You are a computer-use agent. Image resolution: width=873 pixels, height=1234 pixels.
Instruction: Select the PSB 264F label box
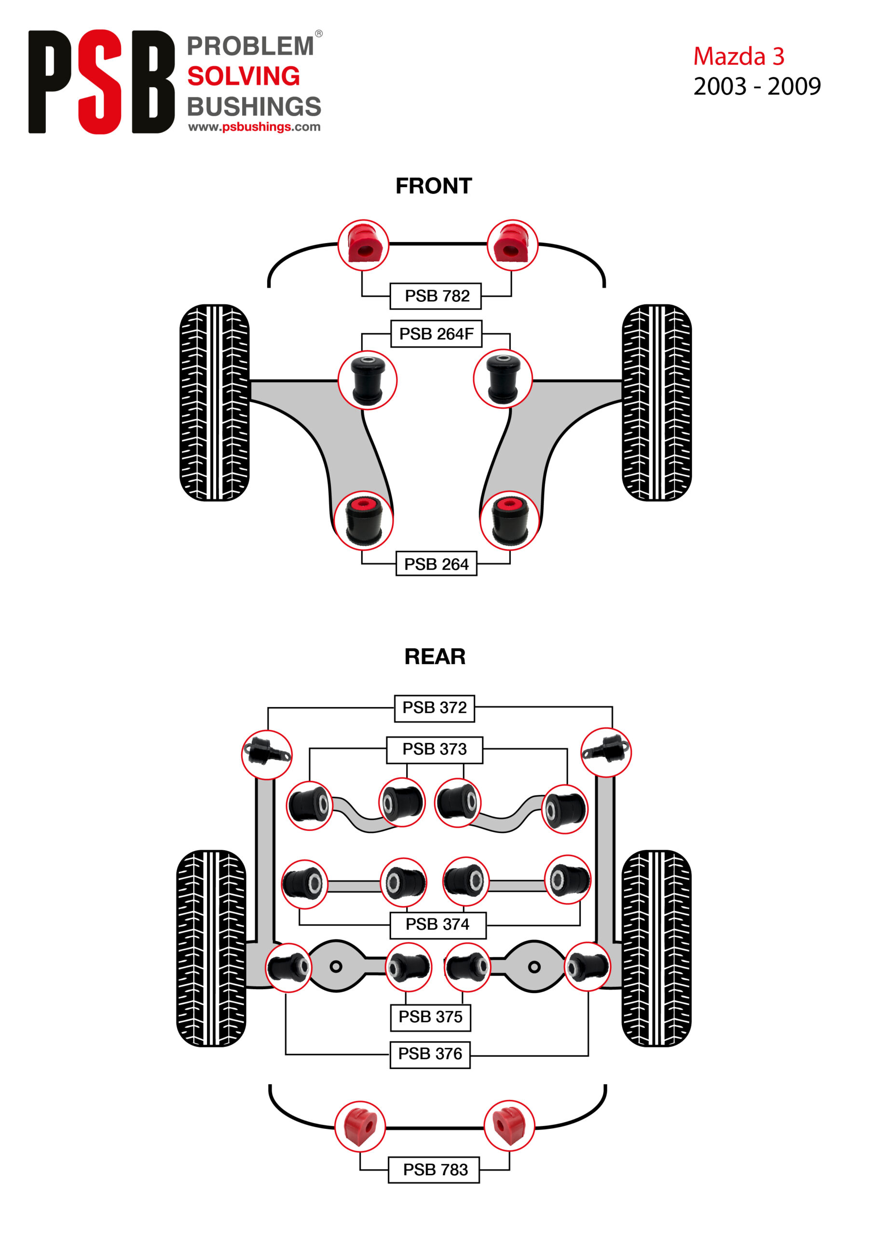436,334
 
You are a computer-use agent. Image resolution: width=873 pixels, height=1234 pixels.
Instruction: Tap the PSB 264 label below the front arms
436,564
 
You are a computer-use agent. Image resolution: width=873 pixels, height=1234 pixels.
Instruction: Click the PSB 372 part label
434,707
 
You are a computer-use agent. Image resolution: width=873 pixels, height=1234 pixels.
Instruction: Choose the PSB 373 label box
434,749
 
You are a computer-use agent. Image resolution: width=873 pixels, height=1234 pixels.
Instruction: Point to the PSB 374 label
437,924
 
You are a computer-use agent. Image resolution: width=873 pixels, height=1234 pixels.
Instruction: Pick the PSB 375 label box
430,1016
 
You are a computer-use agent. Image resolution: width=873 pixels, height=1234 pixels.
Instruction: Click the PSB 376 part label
430,1053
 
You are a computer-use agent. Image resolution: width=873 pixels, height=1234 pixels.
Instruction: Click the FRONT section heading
434,186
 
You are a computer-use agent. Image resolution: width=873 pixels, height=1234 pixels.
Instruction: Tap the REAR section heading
435,656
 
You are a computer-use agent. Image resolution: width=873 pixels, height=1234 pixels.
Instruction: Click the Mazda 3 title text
738,56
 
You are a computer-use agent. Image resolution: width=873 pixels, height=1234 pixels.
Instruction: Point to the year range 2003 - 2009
757,86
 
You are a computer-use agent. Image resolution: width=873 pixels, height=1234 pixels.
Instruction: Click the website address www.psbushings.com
254,127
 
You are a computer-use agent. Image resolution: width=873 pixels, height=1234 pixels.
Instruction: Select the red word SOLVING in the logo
243,76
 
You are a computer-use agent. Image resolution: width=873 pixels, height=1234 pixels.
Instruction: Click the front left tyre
214,402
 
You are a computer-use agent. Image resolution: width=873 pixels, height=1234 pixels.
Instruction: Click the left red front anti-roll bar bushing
363,245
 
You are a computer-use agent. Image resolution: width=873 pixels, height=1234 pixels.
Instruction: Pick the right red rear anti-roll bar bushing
509,1126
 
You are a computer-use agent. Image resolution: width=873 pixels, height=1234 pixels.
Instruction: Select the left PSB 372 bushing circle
267,754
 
